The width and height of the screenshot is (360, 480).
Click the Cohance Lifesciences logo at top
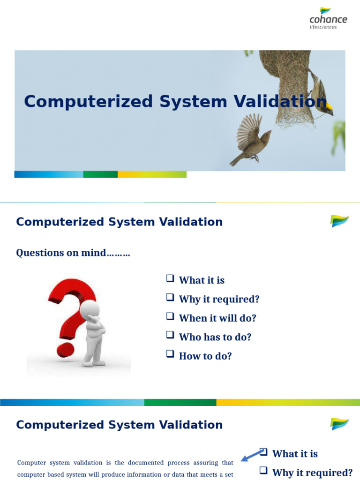(x=328, y=18)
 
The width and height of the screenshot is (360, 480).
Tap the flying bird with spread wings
(x=251, y=139)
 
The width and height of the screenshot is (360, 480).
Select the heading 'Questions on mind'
(x=73, y=253)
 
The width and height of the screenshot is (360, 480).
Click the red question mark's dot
(x=66, y=349)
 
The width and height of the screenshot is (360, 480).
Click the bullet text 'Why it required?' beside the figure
(x=219, y=299)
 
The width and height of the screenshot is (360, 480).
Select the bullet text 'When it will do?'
(x=217, y=318)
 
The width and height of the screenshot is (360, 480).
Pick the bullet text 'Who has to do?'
(x=215, y=337)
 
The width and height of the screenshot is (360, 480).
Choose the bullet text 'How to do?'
(x=205, y=356)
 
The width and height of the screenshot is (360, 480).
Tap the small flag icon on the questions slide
(x=339, y=221)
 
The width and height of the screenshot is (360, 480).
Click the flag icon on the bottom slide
(x=339, y=424)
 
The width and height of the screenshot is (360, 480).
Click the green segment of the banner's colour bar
(x=100, y=174)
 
